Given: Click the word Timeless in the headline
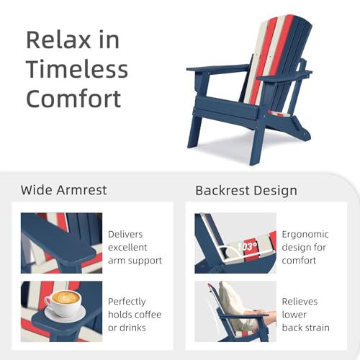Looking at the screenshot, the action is tap(77, 69).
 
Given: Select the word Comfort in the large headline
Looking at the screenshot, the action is tap(73, 99).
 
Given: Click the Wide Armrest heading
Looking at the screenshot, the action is tap(63, 190).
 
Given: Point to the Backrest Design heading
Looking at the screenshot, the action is tap(246, 191).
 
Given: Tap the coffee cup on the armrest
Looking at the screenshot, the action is tap(63, 303).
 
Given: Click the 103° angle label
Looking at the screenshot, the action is tap(247, 246).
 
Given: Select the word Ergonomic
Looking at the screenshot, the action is tap(305, 235).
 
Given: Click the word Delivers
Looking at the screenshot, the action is tap(125, 234).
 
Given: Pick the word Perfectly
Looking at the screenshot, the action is tap(127, 302).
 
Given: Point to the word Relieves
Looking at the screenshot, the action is tap(300, 302).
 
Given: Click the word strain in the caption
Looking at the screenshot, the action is tap(318, 328).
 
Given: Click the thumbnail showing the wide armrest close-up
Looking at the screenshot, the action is tap(61, 243).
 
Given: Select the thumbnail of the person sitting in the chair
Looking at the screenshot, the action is tap(235, 311).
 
